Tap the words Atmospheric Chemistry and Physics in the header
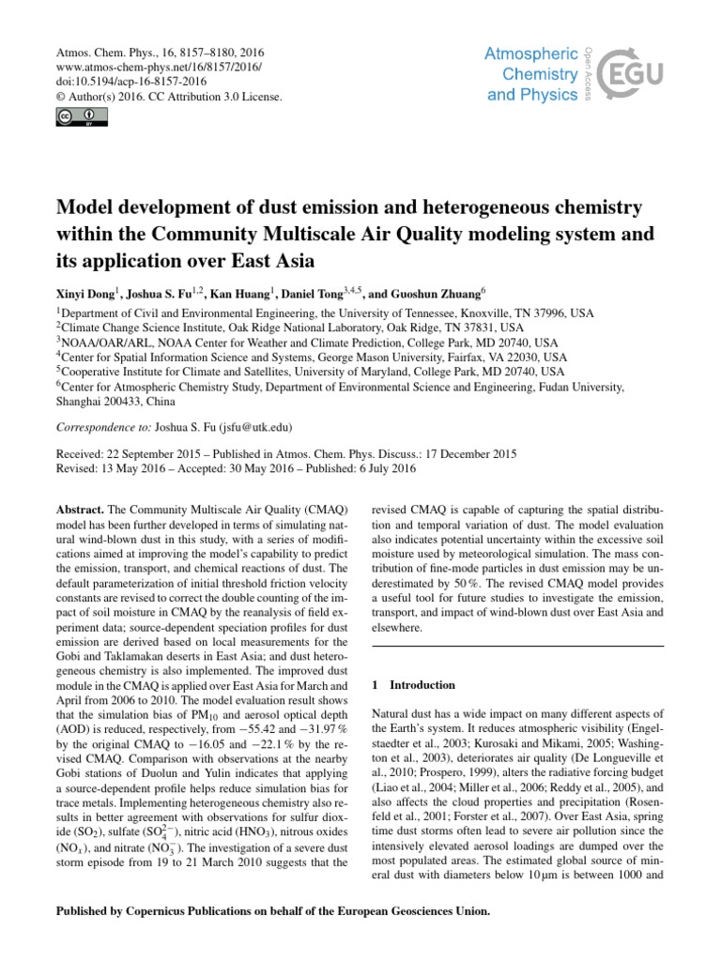click(533, 74)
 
